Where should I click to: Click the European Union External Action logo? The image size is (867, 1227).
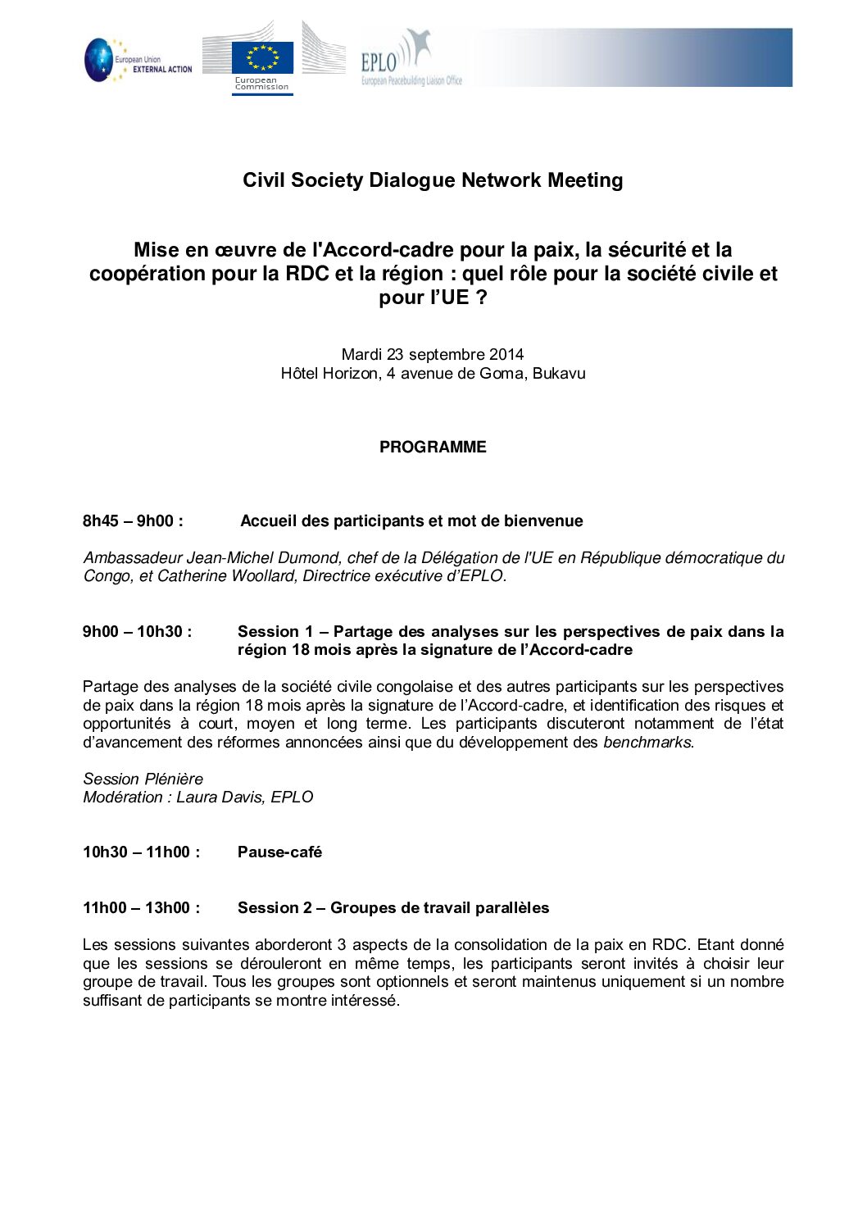pos(138,60)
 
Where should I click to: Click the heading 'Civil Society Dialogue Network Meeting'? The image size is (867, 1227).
pos(433,180)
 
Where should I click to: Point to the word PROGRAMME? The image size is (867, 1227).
pos(433,448)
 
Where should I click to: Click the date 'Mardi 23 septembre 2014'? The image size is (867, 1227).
pos(433,355)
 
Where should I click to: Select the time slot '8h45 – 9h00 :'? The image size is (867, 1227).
pos(133,521)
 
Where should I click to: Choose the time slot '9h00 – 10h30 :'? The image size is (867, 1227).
pos(137,632)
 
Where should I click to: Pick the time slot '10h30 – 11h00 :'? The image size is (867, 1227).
pos(141,852)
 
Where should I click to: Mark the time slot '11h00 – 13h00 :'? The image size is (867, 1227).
pos(141,908)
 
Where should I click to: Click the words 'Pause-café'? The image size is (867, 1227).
pos(279,852)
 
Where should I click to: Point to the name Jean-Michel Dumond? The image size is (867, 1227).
pos(262,558)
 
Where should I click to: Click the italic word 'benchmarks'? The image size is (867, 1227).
pos(647,743)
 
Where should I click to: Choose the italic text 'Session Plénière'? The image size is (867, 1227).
pos(143,779)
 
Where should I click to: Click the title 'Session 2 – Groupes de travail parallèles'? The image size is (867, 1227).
pos(393,908)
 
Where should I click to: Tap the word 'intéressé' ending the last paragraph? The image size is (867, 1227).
pos(365,1001)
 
